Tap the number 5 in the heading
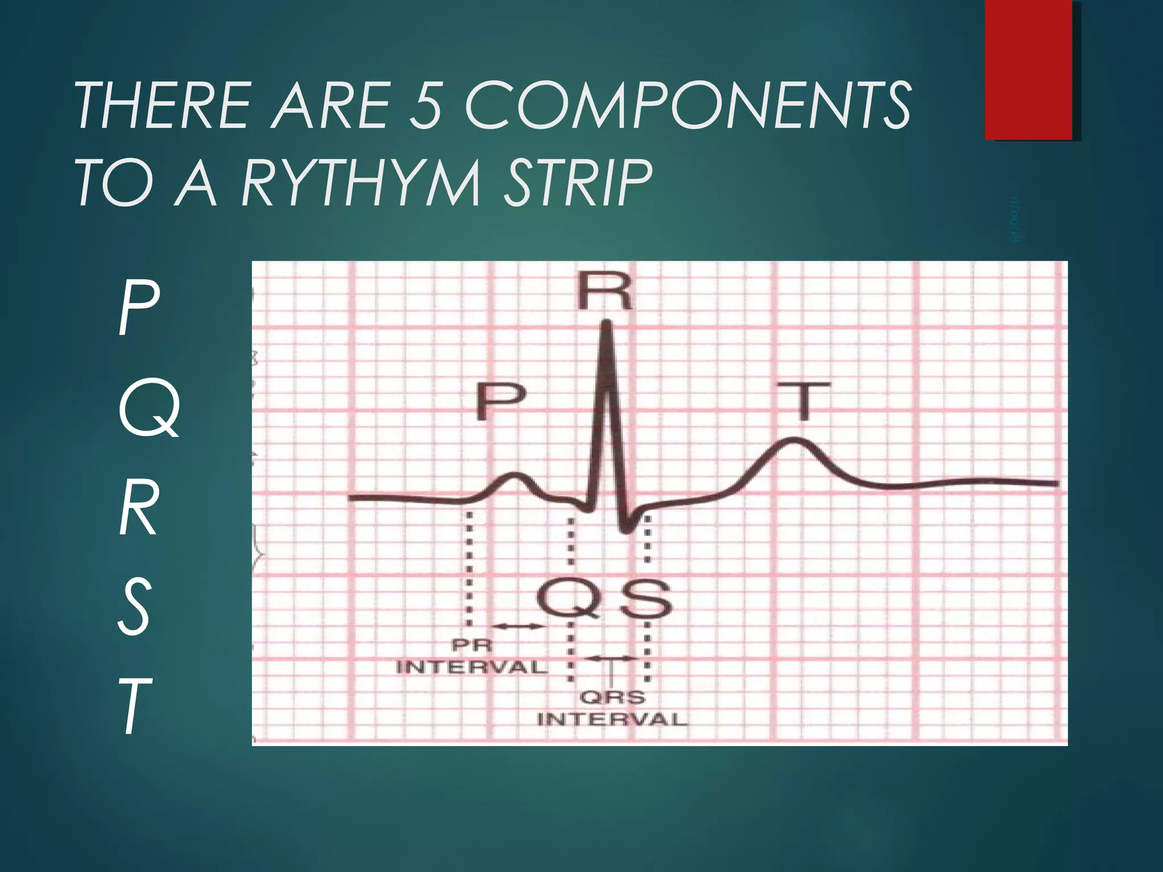(x=426, y=106)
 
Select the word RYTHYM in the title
(x=361, y=183)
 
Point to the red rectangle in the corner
(x=1028, y=69)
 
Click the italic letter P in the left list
(x=138, y=311)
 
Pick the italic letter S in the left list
(x=135, y=609)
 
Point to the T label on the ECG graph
(x=803, y=400)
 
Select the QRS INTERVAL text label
(x=612, y=708)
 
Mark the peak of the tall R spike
(x=606, y=324)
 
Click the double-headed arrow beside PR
(x=517, y=626)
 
